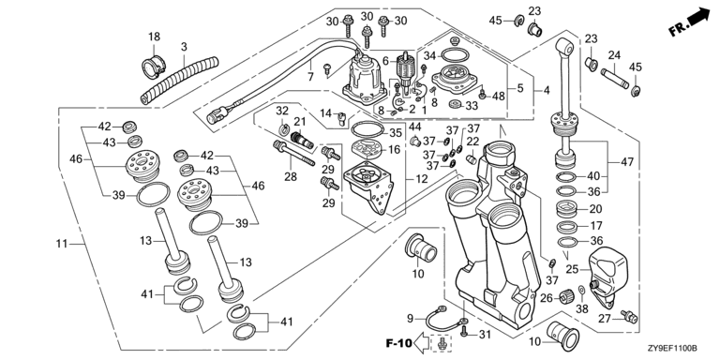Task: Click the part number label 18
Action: [154, 37]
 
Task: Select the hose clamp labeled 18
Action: [154, 66]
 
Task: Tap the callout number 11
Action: [62, 244]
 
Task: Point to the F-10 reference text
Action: [398, 343]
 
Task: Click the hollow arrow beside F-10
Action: [422, 342]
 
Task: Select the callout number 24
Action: [614, 55]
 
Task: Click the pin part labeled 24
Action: [614, 78]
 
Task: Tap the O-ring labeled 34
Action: [454, 56]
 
